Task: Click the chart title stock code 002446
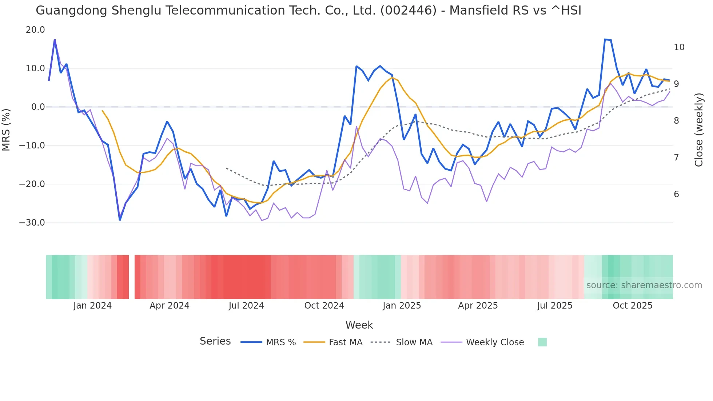click(x=408, y=11)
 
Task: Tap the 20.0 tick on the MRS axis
click(x=35, y=30)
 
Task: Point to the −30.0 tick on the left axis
click(x=32, y=223)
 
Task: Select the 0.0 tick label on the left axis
click(x=38, y=107)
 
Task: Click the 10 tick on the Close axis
click(x=679, y=47)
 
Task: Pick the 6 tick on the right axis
click(x=676, y=194)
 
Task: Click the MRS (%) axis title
click(x=6, y=130)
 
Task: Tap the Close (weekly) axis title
click(x=698, y=130)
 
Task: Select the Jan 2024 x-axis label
click(x=92, y=306)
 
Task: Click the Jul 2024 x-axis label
click(x=246, y=306)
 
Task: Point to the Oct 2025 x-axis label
click(x=633, y=306)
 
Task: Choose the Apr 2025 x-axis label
click(x=478, y=306)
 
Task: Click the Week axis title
click(x=359, y=325)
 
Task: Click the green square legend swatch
click(x=542, y=342)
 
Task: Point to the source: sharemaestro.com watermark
click(x=644, y=285)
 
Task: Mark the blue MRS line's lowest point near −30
click(x=120, y=220)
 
